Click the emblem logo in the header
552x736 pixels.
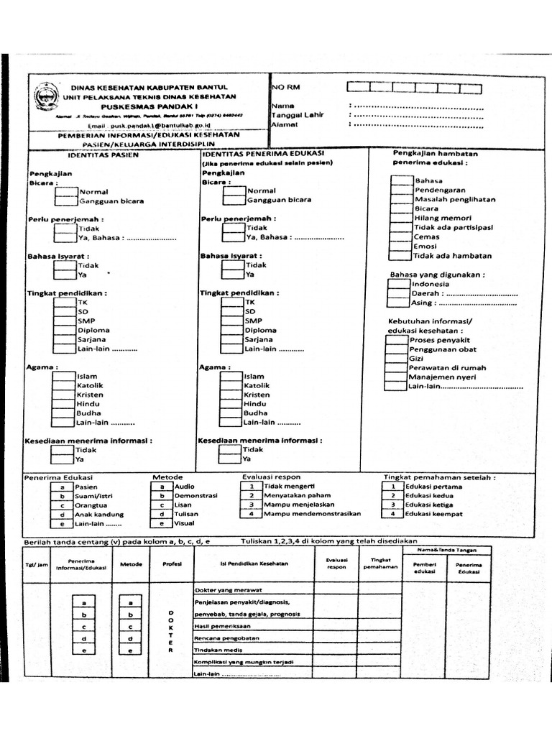tap(44, 101)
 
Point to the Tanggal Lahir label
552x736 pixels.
tap(298, 115)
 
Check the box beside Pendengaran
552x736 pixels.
tap(401, 190)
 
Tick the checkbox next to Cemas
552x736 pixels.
tap(401, 236)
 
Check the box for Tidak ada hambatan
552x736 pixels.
tap(401, 255)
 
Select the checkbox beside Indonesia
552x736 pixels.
tap(399, 283)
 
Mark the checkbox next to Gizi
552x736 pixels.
tap(396, 358)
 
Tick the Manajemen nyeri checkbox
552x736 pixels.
tap(396, 377)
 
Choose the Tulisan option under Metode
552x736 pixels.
tap(185, 514)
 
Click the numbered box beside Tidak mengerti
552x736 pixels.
tap(252, 487)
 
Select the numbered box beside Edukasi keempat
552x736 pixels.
tap(393, 514)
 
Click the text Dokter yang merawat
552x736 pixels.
tap(229, 589)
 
